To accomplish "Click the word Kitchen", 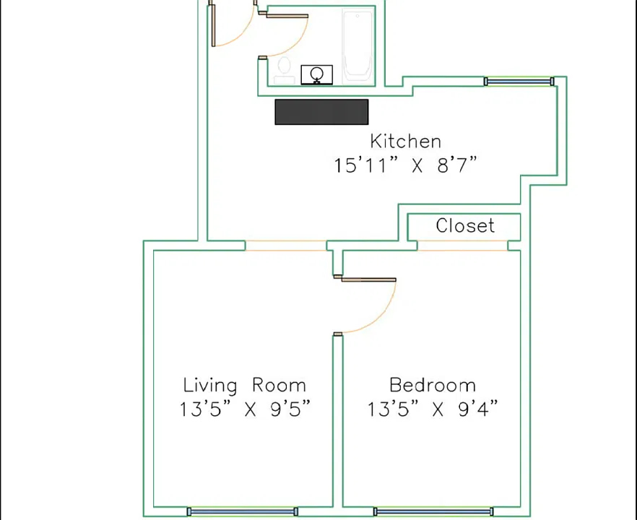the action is tap(405, 142).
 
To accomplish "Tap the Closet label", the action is tap(465, 225).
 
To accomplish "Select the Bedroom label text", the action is tap(432, 385).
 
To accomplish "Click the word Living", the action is tap(210, 386).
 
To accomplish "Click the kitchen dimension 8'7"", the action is tap(456, 165).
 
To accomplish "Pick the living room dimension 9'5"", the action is tap(290, 409).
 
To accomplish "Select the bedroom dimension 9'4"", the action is tap(478, 409).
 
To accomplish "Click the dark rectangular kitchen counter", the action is tap(322, 112).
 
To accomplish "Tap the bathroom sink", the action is tap(317, 75).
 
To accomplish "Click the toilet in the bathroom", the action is tap(284, 70).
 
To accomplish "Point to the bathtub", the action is tap(357, 46).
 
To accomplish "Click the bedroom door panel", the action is tap(368, 279).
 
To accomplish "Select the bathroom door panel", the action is tap(287, 16).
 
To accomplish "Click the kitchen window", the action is tap(519, 82).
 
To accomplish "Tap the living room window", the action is tap(243, 511).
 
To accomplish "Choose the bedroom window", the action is tap(433, 511).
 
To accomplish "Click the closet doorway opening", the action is tap(462, 246).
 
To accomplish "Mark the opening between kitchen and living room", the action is tap(286, 246).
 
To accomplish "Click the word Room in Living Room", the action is tap(279, 385).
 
